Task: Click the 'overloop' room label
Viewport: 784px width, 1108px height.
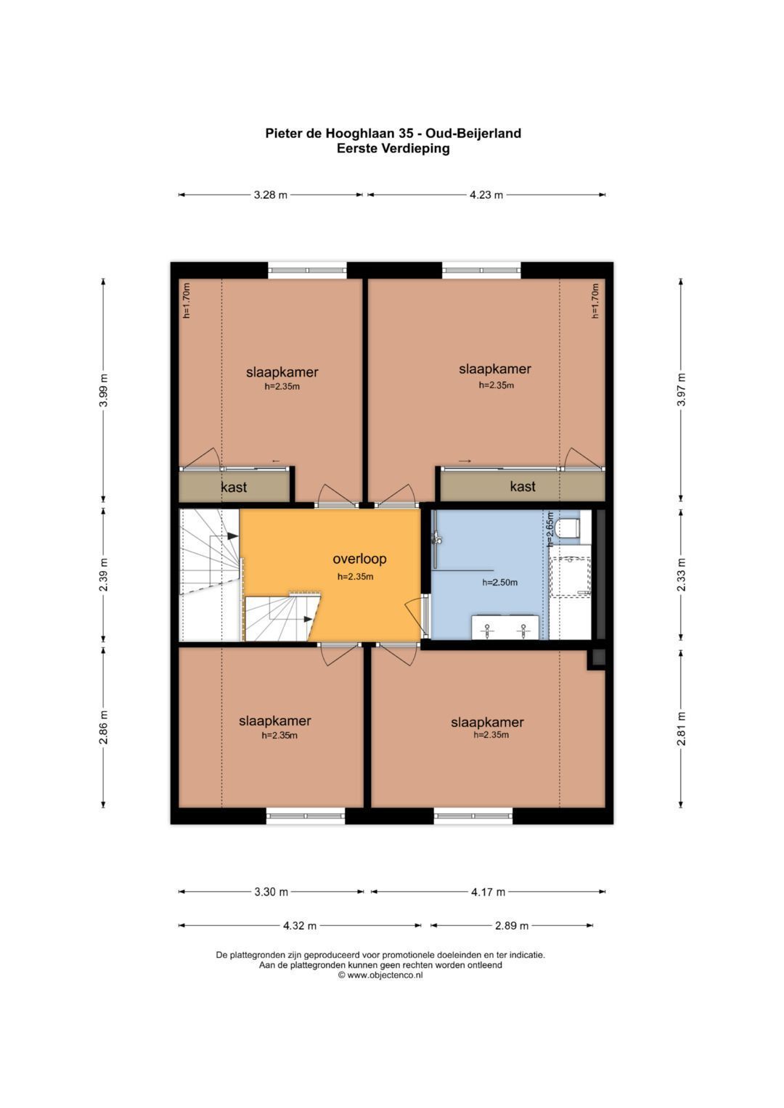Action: click(x=359, y=559)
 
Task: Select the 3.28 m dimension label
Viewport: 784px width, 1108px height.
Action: click(x=270, y=195)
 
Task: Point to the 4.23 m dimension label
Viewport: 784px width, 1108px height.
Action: click(x=486, y=195)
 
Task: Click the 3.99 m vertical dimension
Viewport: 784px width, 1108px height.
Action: click(x=103, y=390)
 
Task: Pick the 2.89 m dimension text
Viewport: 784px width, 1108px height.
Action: click(x=512, y=925)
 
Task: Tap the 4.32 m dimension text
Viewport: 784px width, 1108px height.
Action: click(x=299, y=925)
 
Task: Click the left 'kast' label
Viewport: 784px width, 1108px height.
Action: click(x=234, y=487)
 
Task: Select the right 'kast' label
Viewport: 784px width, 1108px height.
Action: click(x=523, y=487)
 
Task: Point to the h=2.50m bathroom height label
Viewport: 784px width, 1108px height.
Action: click(x=500, y=583)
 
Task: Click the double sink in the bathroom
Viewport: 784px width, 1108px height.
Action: click(x=505, y=627)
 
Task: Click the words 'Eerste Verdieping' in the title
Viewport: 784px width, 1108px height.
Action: click(x=393, y=149)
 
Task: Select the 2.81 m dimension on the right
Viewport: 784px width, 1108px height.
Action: click(x=681, y=729)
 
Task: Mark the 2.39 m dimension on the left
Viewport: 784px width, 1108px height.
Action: click(x=103, y=575)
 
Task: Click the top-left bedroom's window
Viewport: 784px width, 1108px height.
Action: click(x=307, y=270)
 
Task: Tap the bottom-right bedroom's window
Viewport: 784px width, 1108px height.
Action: click(x=473, y=816)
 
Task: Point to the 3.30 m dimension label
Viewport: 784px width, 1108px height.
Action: click(x=271, y=892)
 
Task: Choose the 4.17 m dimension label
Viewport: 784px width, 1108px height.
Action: click(x=488, y=892)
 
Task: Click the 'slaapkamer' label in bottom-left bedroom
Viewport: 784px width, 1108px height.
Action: click(x=274, y=721)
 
